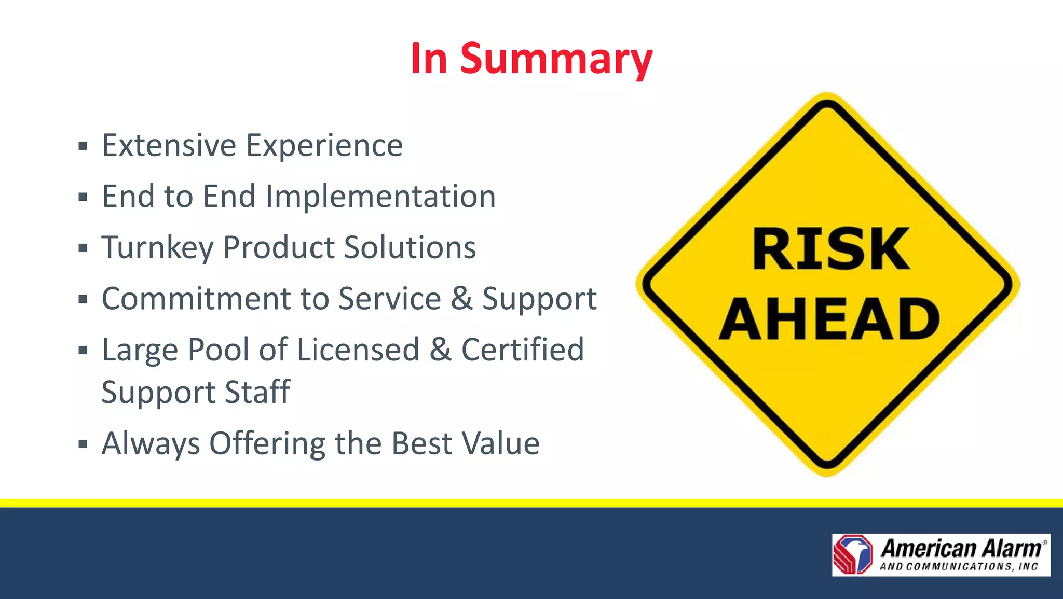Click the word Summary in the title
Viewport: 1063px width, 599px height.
[556, 59]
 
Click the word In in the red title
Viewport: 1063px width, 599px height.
[429, 59]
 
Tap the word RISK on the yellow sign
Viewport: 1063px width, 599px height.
[830, 249]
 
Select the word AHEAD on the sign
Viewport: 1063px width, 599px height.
[829, 319]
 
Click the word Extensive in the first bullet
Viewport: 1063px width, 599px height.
[169, 145]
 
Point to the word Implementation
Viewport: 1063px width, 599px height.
[380, 197]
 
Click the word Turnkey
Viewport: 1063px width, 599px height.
[157, 248]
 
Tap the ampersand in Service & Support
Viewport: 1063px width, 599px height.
[461, 299]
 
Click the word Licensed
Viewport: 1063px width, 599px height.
[358, 350]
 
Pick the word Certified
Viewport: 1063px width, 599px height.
[522, 350]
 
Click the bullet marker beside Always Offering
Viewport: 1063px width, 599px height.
[83, 444]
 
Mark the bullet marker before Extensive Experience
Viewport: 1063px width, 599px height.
[83, 146]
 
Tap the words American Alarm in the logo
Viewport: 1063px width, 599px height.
[961, 549]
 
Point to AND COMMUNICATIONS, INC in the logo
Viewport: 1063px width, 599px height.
[958, 567]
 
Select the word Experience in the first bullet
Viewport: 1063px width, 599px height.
[324, 145]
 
